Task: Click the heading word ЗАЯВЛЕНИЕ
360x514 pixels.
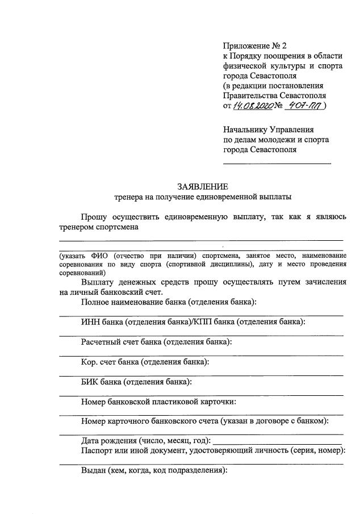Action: tap(203, 186)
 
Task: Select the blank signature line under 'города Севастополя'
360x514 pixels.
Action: tap(277, 164)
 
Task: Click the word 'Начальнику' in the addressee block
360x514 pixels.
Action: tap(245, 129)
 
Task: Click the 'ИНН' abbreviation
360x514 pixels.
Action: tap(90, 322)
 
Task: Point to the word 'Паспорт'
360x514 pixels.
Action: tap(97, 451)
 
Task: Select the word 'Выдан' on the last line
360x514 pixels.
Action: tap(94, 471)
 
